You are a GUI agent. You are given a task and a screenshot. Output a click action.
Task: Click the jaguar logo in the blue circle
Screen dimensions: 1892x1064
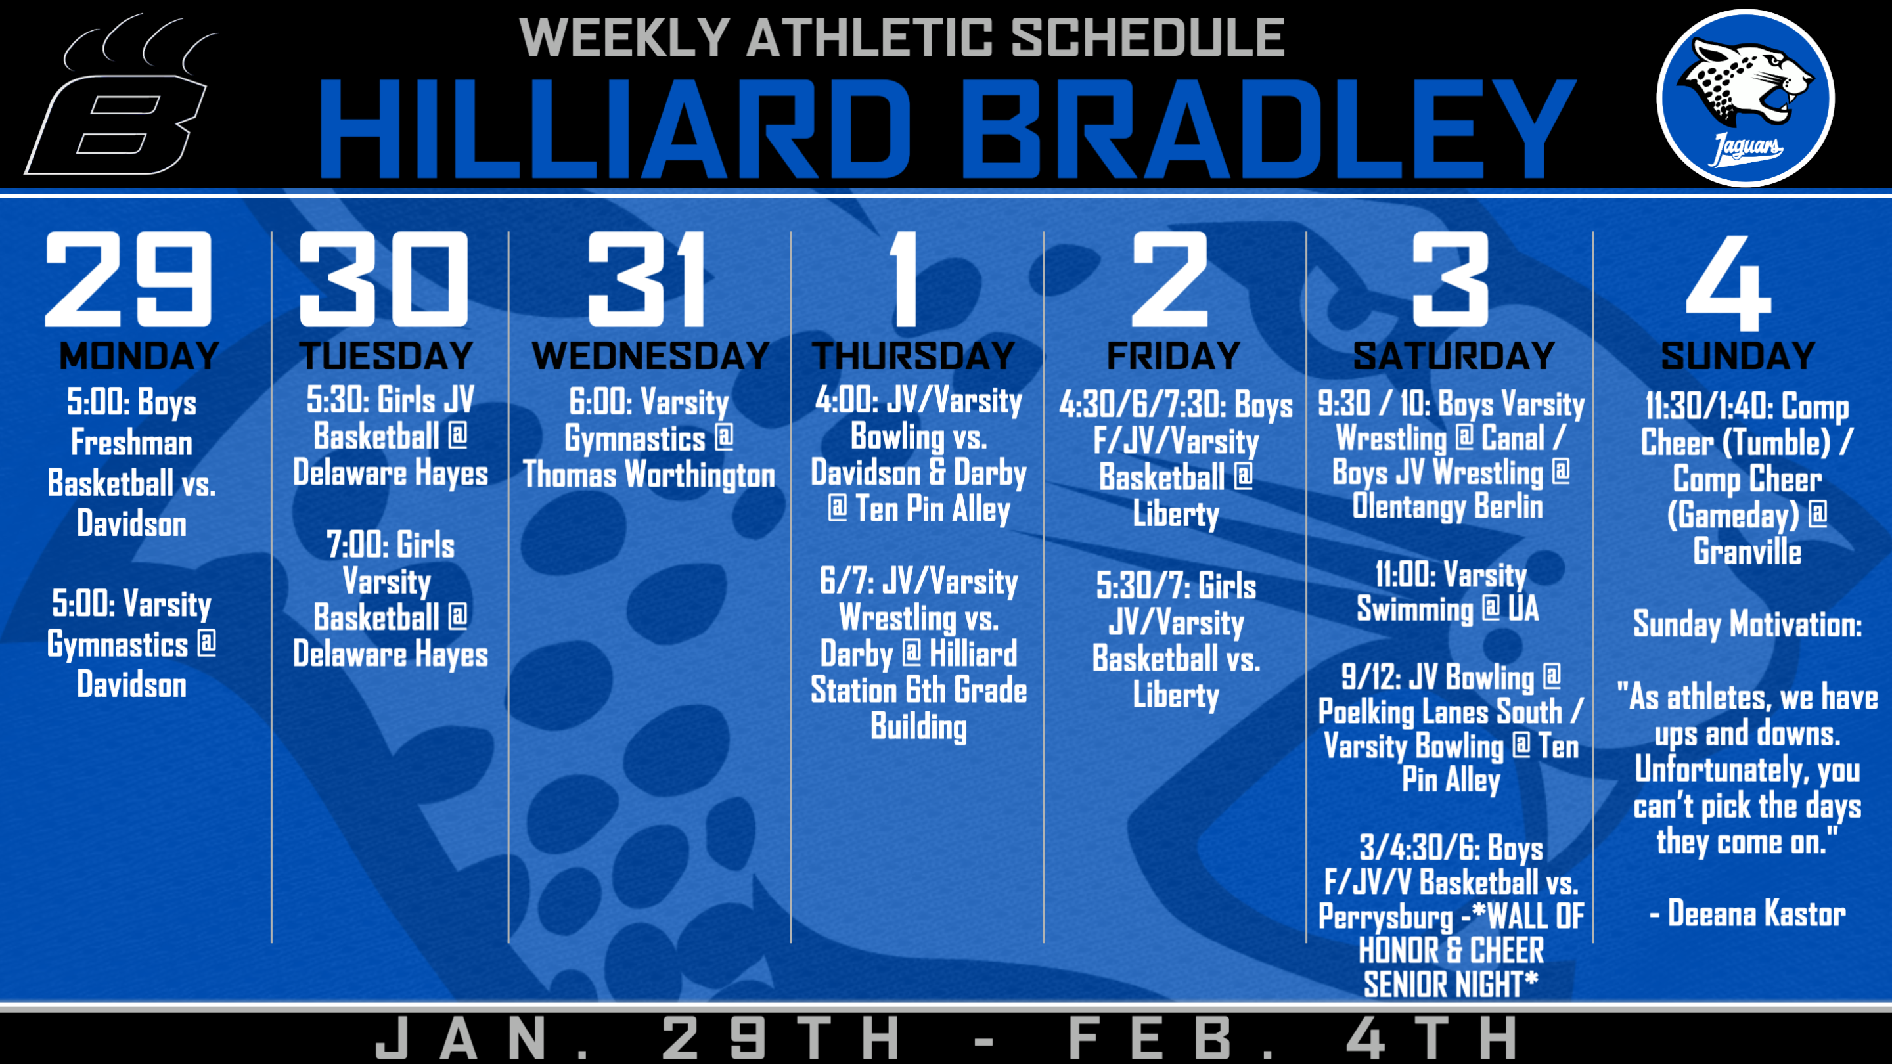point(1746,98)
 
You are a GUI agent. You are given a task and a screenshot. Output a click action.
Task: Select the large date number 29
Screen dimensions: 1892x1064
point(129,279)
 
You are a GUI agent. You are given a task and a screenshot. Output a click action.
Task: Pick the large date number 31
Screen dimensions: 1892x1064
point(646,279)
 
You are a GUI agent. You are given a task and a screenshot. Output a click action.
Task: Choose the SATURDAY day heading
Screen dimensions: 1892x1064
point(1454,356)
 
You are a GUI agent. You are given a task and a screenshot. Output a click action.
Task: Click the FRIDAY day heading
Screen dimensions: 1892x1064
point(1174,356)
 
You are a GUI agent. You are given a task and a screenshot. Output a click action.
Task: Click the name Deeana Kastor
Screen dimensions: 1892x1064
point(1756,914)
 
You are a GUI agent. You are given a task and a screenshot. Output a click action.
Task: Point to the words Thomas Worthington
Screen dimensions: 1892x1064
point(648,474)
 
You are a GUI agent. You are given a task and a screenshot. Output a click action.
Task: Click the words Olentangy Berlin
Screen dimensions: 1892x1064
point(1448,506)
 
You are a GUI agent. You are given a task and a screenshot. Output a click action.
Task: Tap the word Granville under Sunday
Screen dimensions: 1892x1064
point(1747,552)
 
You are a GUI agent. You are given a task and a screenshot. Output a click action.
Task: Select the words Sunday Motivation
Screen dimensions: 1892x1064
point(1747,624)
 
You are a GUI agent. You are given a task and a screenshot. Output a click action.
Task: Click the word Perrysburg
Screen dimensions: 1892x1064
point(1385,917)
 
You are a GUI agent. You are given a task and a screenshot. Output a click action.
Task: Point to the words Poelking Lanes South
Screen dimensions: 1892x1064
point(1440,711)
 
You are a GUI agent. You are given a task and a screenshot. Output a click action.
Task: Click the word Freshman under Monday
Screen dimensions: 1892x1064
point(131,443)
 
